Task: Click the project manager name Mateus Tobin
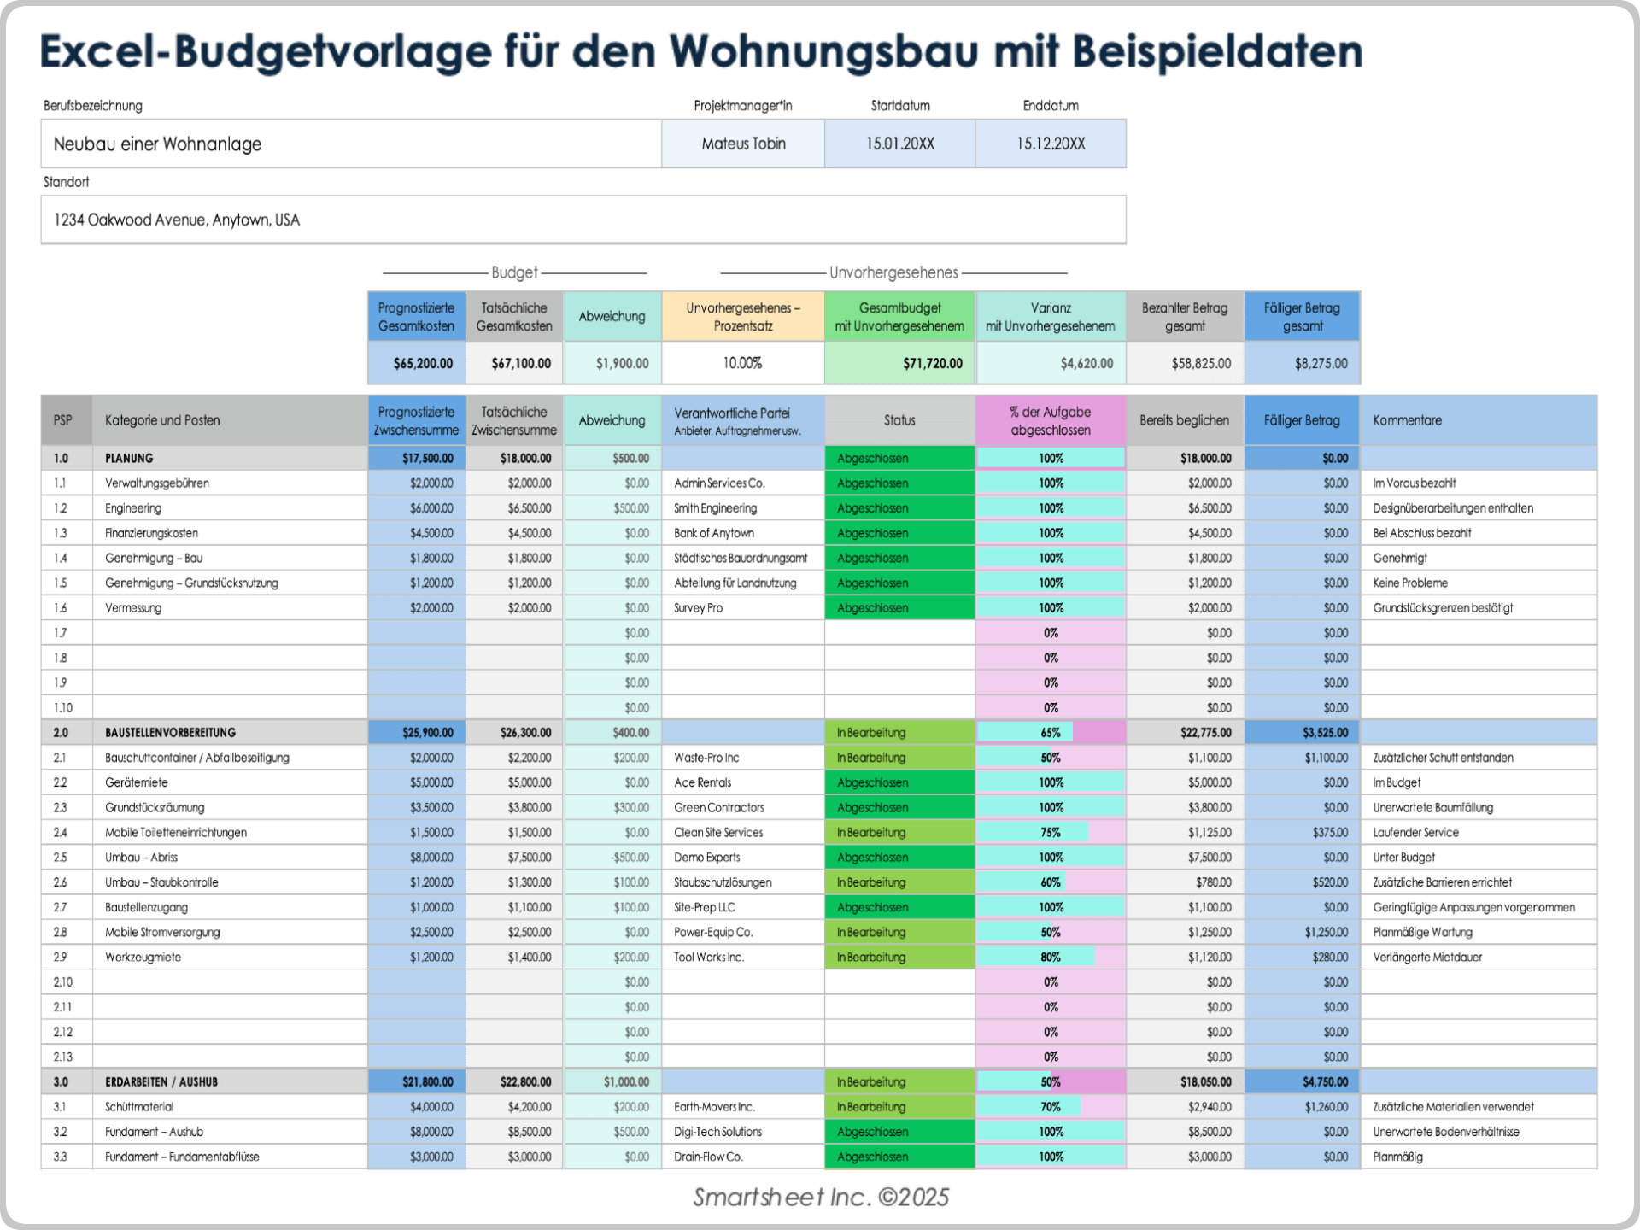coord(743,143)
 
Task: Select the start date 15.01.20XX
coord(899,143)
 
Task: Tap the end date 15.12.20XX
coord(1050,143)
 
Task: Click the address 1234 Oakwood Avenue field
coord(177,220)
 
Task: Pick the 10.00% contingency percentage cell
coord(742,363)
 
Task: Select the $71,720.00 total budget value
coord(932,363)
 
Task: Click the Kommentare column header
coord(1407,420)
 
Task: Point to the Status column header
coord(899,420)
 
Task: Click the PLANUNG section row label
coord(129,459)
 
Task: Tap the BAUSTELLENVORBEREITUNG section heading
coord(170,733)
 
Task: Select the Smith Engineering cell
coord(715,508)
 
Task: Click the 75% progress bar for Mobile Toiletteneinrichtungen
coord(1050,833)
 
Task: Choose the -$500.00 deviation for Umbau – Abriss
coord(630,858)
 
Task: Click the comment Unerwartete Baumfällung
coord(1432,808)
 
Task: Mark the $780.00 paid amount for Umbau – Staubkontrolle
coord(1213,882)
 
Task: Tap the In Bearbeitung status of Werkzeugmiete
coord(871,958)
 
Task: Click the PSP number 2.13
coord(63,1057)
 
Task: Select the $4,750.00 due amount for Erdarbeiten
coord(1325,1082)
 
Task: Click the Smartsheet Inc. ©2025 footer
coord(820,1198)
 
